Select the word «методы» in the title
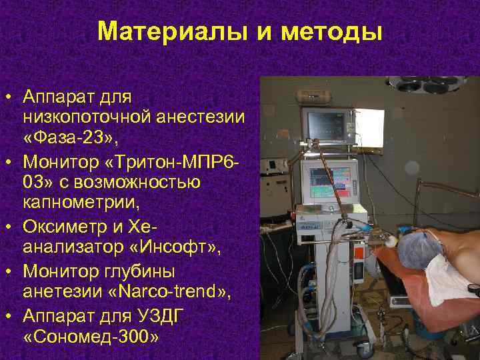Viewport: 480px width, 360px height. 331,31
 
